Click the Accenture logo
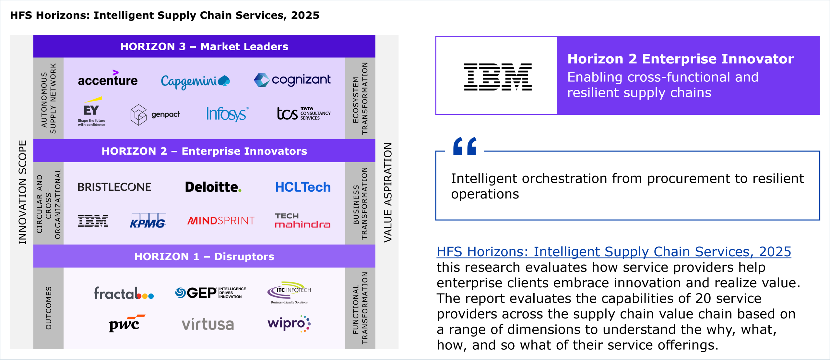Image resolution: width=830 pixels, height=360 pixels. point(108,78)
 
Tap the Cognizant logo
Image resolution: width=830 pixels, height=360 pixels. point(292,80)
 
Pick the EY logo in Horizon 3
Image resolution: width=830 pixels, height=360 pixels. point(92,112)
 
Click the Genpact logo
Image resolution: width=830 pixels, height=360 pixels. point(155,115)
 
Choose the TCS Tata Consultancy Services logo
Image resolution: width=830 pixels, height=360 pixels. point(304,114)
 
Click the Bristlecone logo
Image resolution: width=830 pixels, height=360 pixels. point(114,187)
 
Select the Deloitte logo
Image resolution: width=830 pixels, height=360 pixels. point(213,187)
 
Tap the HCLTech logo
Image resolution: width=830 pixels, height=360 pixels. point(303,187)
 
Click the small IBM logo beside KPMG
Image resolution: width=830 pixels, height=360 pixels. point(93,221)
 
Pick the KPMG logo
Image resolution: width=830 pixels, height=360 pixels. point(148,221)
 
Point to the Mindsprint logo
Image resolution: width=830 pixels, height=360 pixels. point(221,221)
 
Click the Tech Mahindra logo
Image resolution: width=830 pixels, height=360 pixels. point(302,221)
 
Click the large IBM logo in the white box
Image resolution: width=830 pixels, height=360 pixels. point(498,77)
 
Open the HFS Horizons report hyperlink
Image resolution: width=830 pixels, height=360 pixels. point(614,252)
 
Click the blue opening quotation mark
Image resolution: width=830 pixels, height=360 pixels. point(465,146)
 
